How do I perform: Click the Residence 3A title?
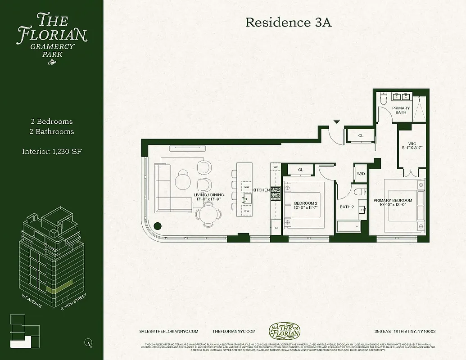pos(288,22)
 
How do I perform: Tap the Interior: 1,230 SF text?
pos(52,151)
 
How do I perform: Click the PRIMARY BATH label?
pos(401,110)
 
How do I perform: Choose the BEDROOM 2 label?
pos(307,203)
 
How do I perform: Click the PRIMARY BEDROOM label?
pos(393,200)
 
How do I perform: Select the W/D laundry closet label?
pos(361,173)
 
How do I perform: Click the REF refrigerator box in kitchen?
pos(276,228)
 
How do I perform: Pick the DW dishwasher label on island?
pos(246,211)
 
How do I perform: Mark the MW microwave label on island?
pos(246,186)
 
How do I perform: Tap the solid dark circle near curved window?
pos(158,227)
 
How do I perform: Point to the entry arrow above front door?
pos(336,121)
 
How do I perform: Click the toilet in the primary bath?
pos(384,99)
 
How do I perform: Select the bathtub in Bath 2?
pos(348,226)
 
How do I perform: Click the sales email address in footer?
pos(169,331)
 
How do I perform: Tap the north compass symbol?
pos(88,343)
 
